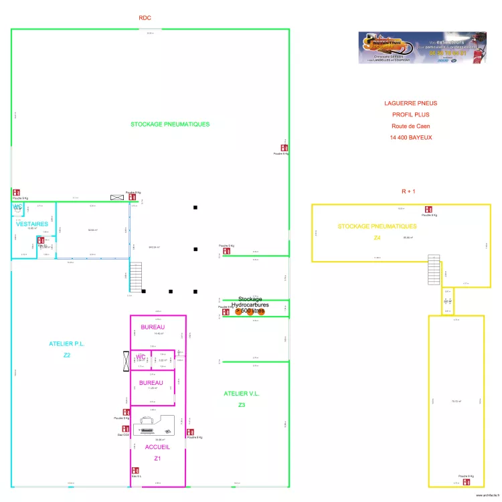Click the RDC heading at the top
(145, 18)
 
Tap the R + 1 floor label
(408, 191)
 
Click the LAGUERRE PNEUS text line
(410, 104)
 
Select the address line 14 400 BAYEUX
(411, 137)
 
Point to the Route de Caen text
(411, 126)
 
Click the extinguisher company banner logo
(422, 48)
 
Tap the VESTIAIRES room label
(31, 224)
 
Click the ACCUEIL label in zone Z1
(157, 446)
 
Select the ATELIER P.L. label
(67, 344)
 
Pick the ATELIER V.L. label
(241, 394)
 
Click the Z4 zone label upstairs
(377, 238)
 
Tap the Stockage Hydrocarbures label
(250, 305)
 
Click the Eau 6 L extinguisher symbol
(135, 471)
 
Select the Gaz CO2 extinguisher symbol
(124, 428)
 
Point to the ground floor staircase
(136, 276)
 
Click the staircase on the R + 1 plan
(435, 271)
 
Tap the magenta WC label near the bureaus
(141, 357)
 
